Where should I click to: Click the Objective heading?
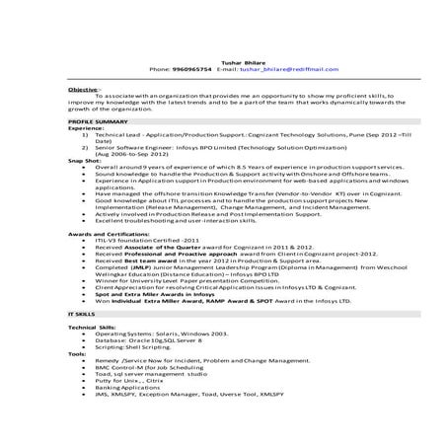point(70,89)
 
